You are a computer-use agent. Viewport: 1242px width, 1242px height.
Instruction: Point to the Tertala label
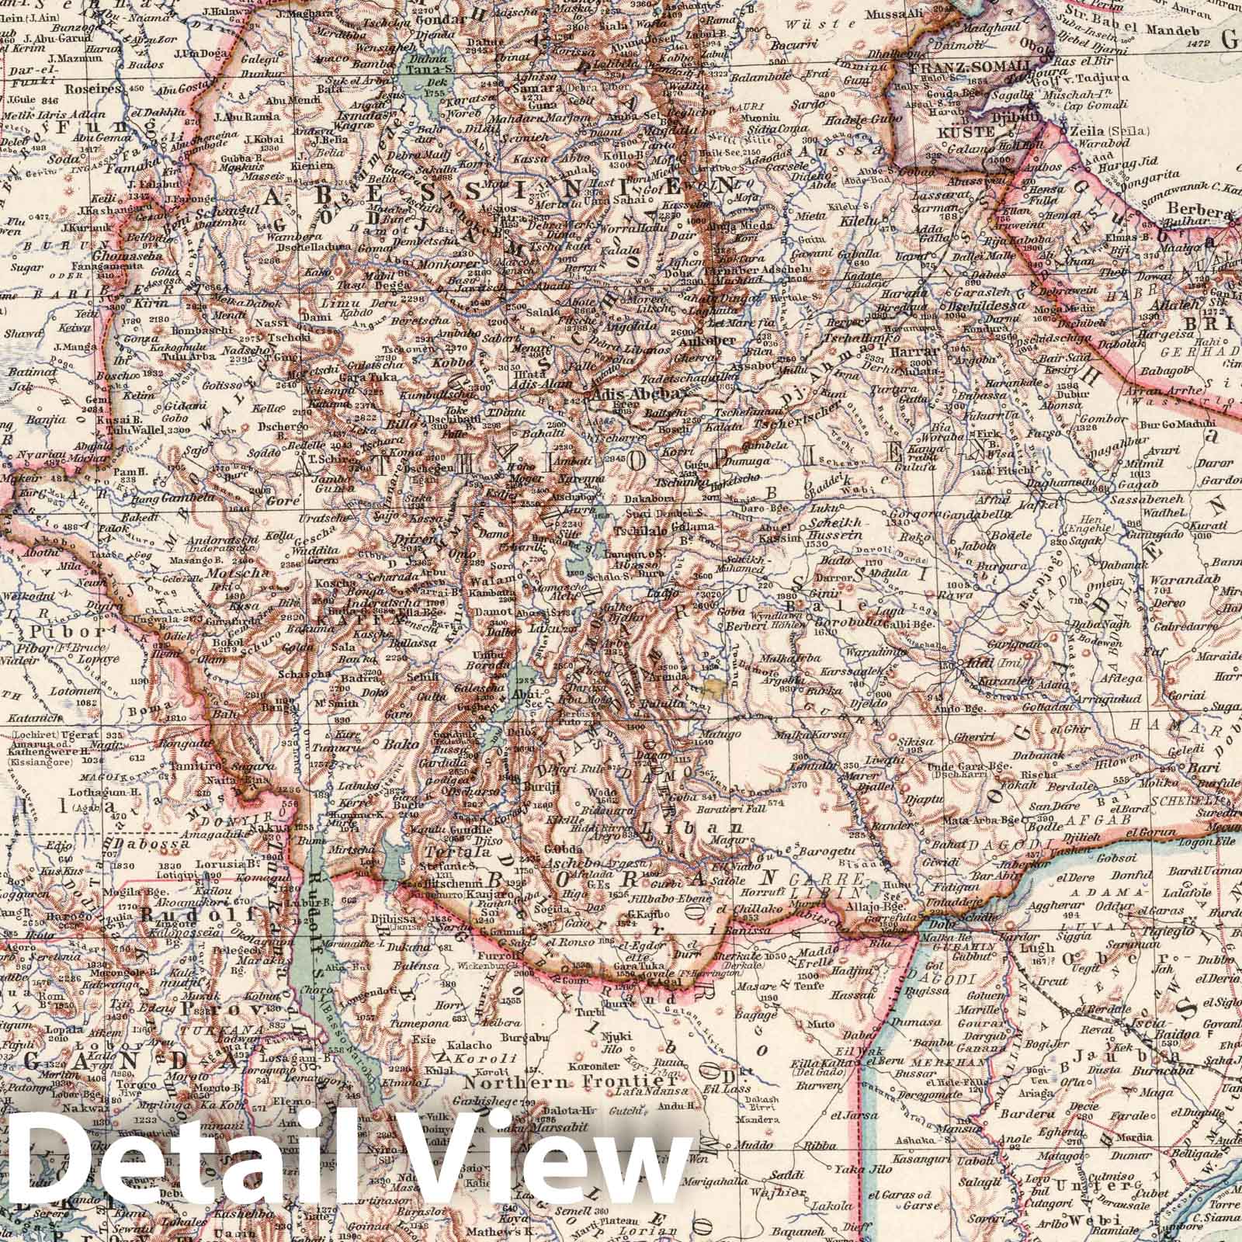point(452,852)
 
